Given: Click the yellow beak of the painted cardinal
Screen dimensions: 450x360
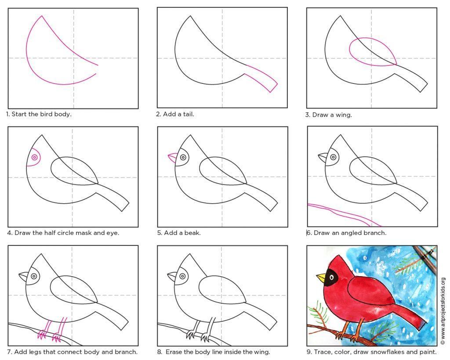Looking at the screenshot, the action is [x=322, y=277].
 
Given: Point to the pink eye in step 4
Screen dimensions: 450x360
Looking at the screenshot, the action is [x=34, y=157].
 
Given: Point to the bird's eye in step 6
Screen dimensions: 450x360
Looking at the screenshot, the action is [x=333, y=157].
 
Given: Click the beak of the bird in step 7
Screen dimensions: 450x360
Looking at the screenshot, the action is [x=24, y=276].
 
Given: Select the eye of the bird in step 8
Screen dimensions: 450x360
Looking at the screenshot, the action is [x=182, y=276].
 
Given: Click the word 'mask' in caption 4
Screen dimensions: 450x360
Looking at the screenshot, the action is [x=85, y=233].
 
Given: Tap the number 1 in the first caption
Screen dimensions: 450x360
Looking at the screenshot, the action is [x=8, y=114].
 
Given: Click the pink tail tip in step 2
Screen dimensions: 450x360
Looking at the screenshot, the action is [x=274, y=88].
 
